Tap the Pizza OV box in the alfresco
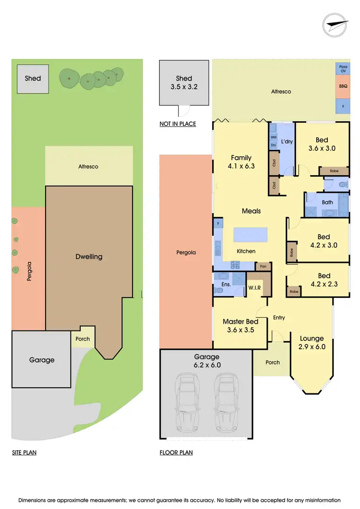point(343,68)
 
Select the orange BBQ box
point(343,86)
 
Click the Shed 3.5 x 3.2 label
point(184,83)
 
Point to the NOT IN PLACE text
point(178,124)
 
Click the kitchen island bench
point(251,235)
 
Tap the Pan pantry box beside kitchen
point(263,266)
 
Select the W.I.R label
point(254,288)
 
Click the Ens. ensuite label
point(226,284)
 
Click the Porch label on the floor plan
point(273,362)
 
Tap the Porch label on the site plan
point(83,339)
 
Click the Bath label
point(327,202)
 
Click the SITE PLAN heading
point(24,452)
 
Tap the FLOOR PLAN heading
point(176,452)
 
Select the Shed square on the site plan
point(33,78)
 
